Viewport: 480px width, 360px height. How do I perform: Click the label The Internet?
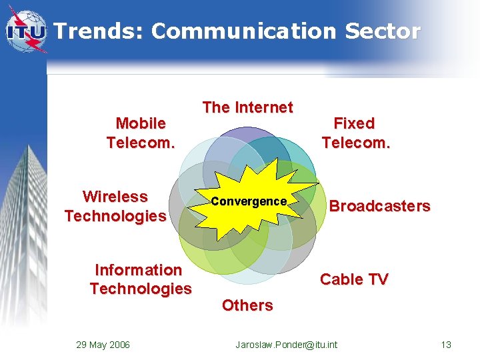[247, 107]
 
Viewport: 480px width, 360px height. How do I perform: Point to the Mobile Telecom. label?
[141, 133]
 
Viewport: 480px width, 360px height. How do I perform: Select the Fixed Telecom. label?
[355, 133]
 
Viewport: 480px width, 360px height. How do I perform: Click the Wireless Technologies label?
[115, 206]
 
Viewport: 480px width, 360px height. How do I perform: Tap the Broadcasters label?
[379, 206]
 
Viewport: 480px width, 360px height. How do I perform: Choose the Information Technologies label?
[140, 279]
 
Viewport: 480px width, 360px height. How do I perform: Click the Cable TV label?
[354, 279]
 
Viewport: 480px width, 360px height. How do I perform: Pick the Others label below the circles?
[247, 305]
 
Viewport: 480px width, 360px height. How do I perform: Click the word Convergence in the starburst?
[249, 201]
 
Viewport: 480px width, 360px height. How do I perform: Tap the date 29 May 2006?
[103, 345]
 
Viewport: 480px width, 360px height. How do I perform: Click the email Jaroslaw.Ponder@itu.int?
[287, 345]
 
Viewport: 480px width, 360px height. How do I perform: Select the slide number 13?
[446, 345]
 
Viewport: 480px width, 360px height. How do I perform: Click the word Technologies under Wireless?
[115, 216]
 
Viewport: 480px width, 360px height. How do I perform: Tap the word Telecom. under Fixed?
[355, 143]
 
